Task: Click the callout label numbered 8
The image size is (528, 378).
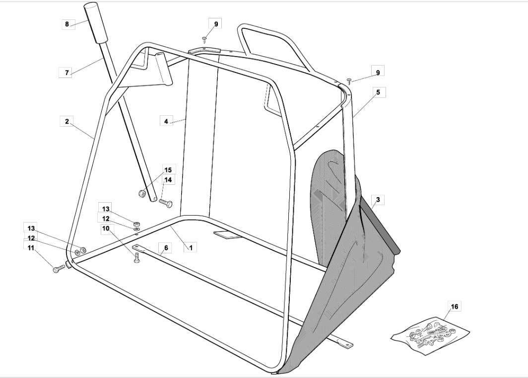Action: coord(67,24)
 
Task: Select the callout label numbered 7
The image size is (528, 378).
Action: coord(66,73)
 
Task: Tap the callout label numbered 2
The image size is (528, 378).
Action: coord(67,121)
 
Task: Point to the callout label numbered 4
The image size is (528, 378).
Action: coord(166,121)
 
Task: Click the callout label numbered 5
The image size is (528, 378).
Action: coord(378,92)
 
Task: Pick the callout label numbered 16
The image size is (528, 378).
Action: coord(455,306)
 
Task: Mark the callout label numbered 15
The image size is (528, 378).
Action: coord(168,170)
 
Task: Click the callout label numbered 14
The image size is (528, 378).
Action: coord(168,180)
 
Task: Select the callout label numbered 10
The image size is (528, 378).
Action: coord(106,228)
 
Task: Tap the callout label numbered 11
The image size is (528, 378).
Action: coord(31,248)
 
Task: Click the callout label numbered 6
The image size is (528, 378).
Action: coord(166,248)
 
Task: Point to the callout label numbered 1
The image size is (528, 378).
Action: coord(191,248)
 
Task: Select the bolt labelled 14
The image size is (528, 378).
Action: coord(165,203)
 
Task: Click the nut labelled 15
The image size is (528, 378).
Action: coord(142,193)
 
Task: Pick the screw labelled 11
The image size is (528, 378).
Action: coord(59,269)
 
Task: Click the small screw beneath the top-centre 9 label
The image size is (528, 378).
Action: coord(204,40)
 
